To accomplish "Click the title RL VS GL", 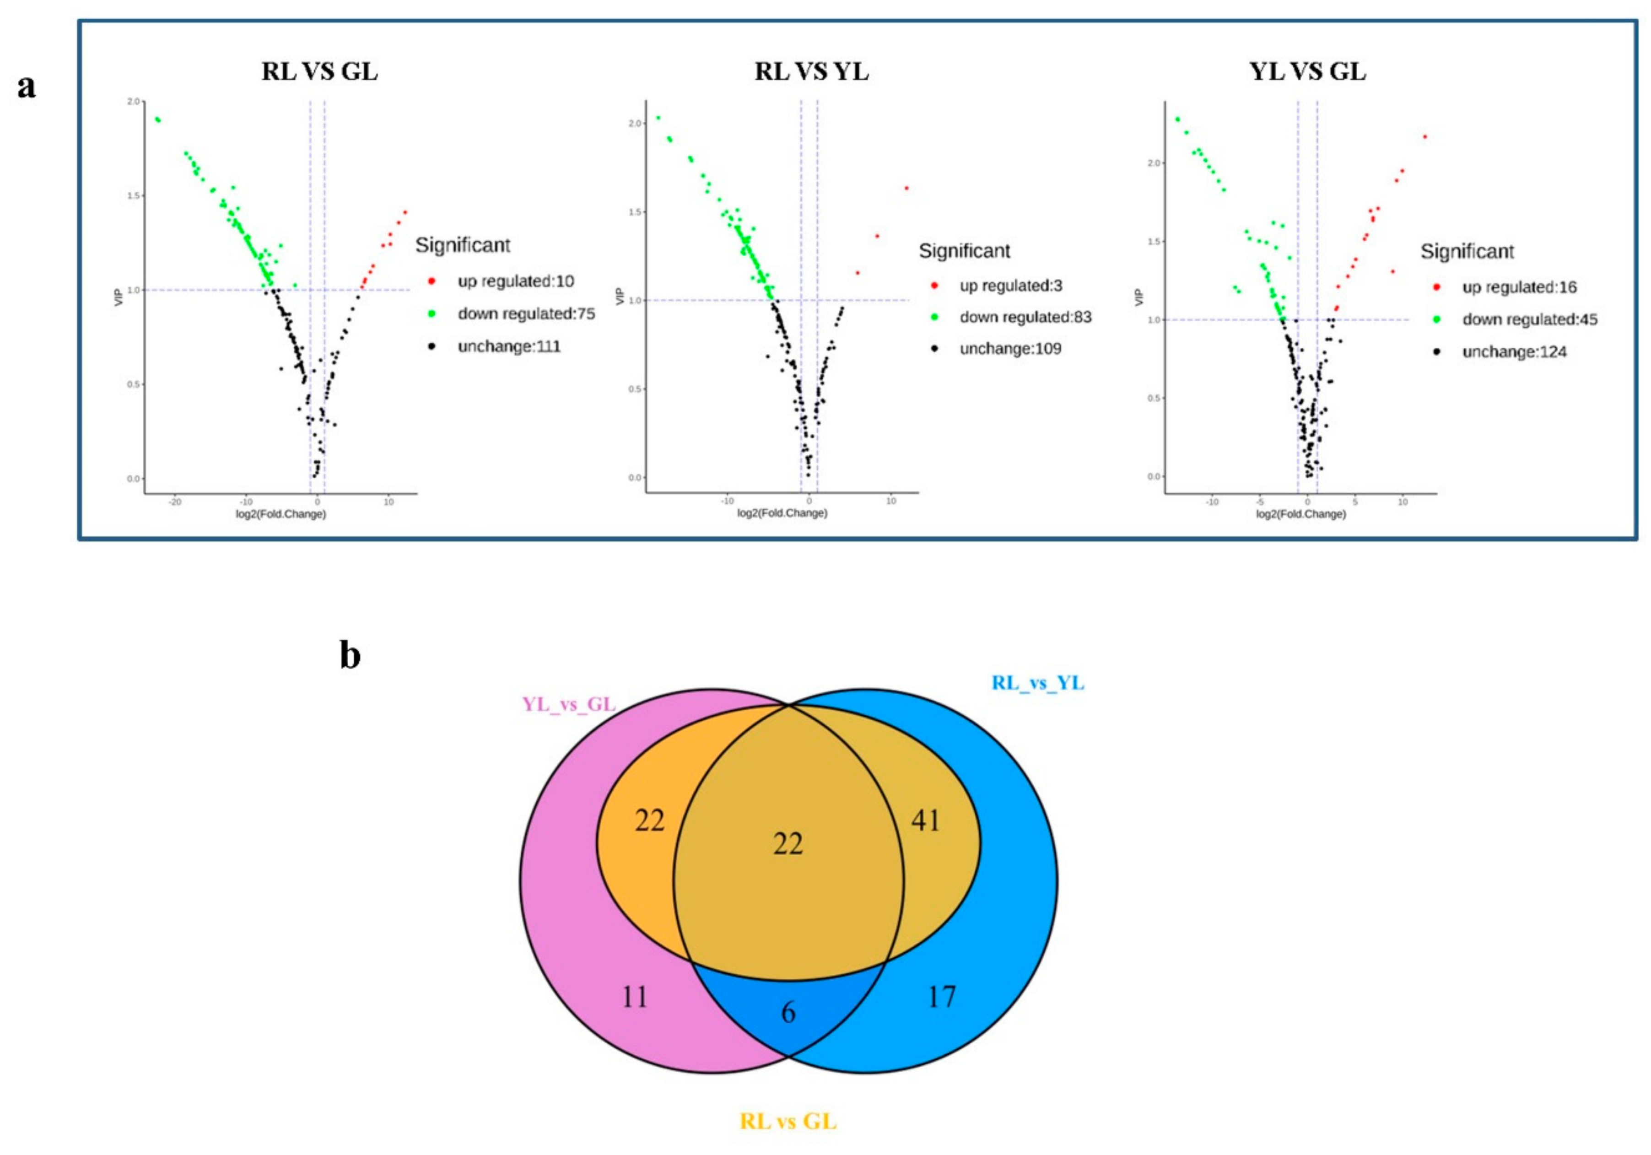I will (319, 72).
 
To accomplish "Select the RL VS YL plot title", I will (811, 72).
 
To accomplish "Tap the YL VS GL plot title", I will (1307, 72).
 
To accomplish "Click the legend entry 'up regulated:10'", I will (515, 281).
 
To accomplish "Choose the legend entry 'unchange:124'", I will (1514, 352).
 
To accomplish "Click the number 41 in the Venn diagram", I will (925, 820).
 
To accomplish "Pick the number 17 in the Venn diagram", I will (941, 997).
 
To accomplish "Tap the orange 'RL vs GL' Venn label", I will (788, 1121).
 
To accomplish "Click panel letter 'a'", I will (27, 86).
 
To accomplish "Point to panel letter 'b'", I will (350, 656).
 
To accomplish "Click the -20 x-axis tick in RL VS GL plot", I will (175, 502).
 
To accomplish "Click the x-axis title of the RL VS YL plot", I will (782, 513).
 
